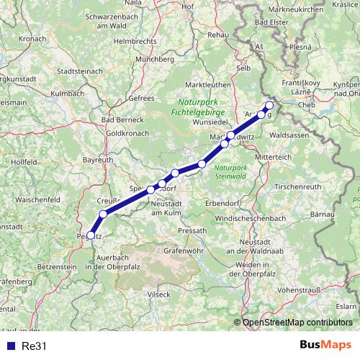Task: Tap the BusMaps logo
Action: [326, 345]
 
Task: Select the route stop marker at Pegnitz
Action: [90, 235]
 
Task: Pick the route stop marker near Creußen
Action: [103, 214]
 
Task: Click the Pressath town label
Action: [192, 230]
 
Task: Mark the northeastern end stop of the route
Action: [269, 105]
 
